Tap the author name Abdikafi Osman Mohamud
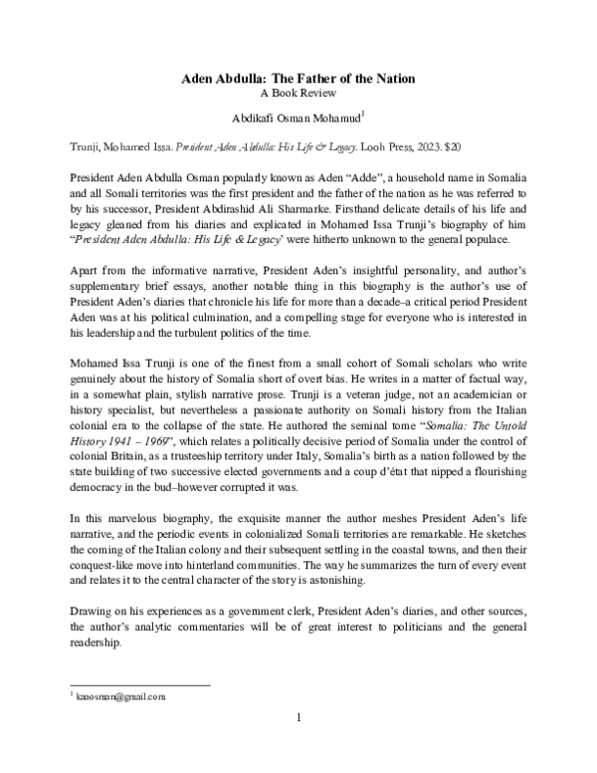point(296,116)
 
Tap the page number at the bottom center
point(298,717)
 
